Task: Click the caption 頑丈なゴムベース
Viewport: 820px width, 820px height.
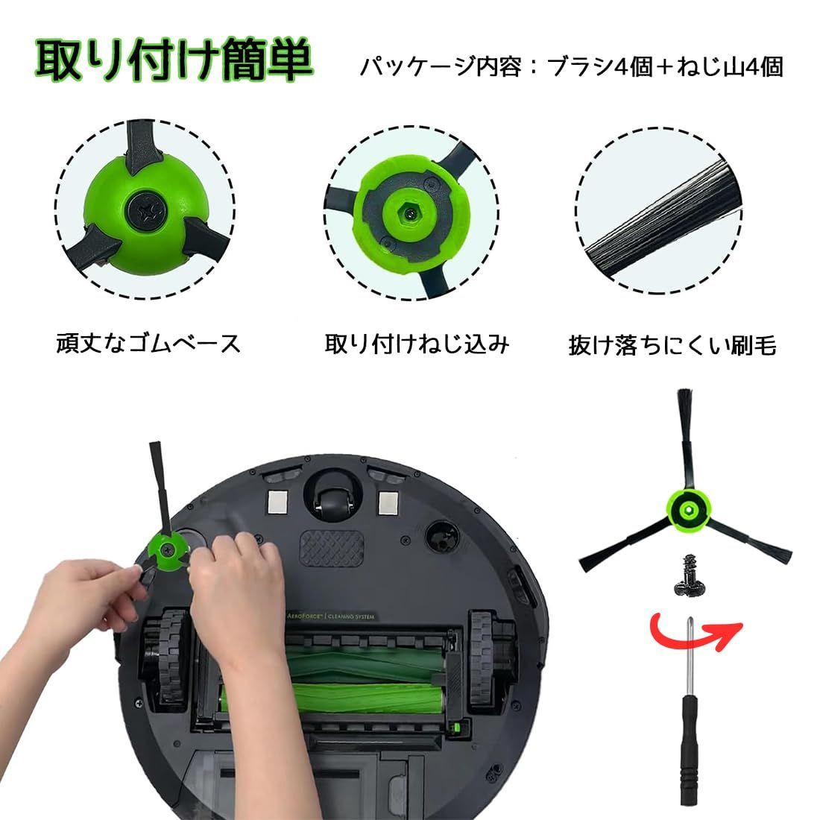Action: (x=148, y=344)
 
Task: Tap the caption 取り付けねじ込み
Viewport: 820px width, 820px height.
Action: (x=417, y=344)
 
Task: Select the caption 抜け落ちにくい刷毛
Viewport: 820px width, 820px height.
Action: (x=672, y=345)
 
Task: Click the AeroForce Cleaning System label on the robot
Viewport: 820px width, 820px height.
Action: (x=330, y=616)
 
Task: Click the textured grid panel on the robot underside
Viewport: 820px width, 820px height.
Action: (x=331, y=549)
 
